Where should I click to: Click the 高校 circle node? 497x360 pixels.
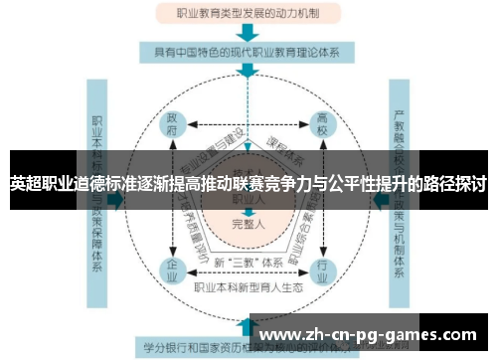pos(322,127)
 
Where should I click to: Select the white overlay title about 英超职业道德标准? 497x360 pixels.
pos(248,184)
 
